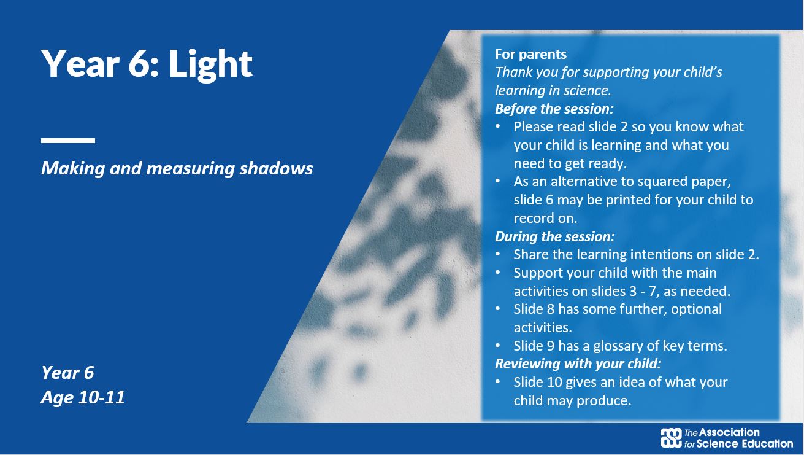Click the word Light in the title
[x=210, y=64]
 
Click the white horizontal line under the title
[x=68, y=141]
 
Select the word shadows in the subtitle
[x=276, y=168]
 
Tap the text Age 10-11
[x=83, y=397]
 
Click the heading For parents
[x=530, y=54]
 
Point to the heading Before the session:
[x=554, y=109]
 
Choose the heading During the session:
[x=554, y=236]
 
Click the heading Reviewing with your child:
[x=578, y=364]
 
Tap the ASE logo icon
[x=671, y=438]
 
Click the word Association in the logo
[x=729, y=432]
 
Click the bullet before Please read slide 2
[x=498, y=126]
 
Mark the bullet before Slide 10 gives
[x=498, y=382]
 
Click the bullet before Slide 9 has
[x=498, y=346]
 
